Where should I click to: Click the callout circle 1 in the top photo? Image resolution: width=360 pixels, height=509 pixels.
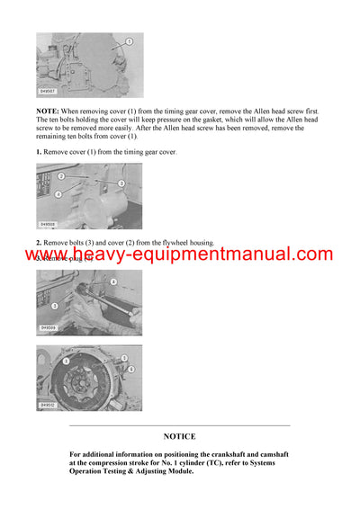click(x=128, y=42)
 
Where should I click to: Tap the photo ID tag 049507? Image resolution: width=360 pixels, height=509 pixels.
click(x=47, y=92)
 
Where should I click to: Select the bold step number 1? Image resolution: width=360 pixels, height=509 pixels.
click(x=39, y=152)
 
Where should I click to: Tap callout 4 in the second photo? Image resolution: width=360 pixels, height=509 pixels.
click(x=58, y=193)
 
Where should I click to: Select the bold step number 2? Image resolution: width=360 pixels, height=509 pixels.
click(x=39, y=243)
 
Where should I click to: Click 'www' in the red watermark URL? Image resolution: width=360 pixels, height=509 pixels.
click(x=47, y=255)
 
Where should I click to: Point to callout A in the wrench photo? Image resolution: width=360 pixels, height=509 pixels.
click(x=112, y=282)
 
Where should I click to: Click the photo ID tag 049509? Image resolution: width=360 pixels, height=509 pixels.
click(x=48, y=329)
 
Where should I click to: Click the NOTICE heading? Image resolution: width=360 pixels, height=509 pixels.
click(x=179, y=436)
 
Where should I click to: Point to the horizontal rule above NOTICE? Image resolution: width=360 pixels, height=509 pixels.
click(x=179, y=425)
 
